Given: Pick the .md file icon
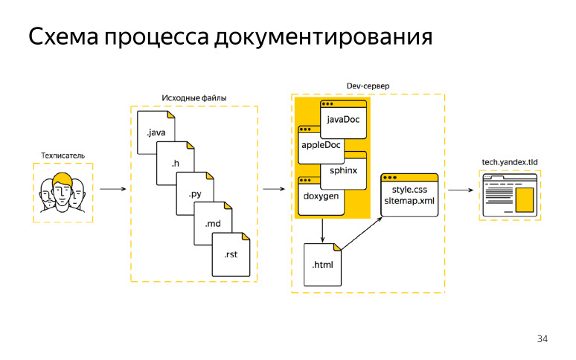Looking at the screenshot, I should [213, 222].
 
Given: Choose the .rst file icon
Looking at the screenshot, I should [231, 254].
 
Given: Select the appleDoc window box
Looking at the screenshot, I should [321, 145].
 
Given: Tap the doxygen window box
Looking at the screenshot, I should [321, 196].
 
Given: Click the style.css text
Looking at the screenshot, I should [409, 190].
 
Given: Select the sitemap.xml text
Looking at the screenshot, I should [409, 201].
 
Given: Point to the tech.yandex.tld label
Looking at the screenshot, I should [511, 161].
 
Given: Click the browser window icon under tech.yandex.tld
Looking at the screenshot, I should [511, 196].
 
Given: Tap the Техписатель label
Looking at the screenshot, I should [63, 155].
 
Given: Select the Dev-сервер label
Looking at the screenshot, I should [368, 86].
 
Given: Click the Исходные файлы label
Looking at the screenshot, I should [194, 98].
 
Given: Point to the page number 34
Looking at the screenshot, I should [542, 339].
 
